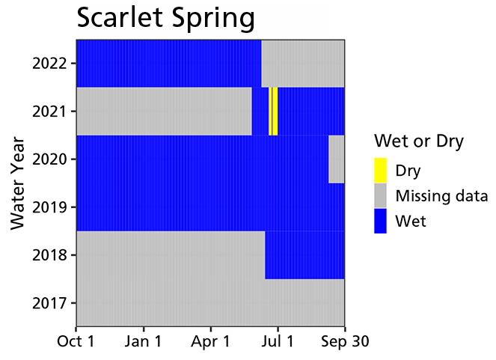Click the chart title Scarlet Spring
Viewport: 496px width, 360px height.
(165, 19)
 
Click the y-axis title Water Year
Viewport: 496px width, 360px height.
(19, 183)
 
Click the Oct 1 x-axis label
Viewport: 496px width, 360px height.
(77, 341)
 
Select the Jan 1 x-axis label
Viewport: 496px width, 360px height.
(144, 341)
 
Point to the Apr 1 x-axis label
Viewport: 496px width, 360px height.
(210, 341)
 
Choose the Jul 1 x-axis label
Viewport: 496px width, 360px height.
(278, 341)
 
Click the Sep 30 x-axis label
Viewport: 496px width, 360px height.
(343, 341)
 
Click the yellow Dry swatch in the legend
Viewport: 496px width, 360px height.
(381, 170)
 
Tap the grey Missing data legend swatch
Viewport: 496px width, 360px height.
(381, 196)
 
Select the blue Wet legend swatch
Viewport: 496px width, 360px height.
(381, 222)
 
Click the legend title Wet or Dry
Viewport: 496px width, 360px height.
(419, 141)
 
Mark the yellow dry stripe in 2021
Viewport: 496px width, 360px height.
(273, 111)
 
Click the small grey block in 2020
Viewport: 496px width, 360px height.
(336, 159)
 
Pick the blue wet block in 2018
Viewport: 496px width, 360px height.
(304, 254)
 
